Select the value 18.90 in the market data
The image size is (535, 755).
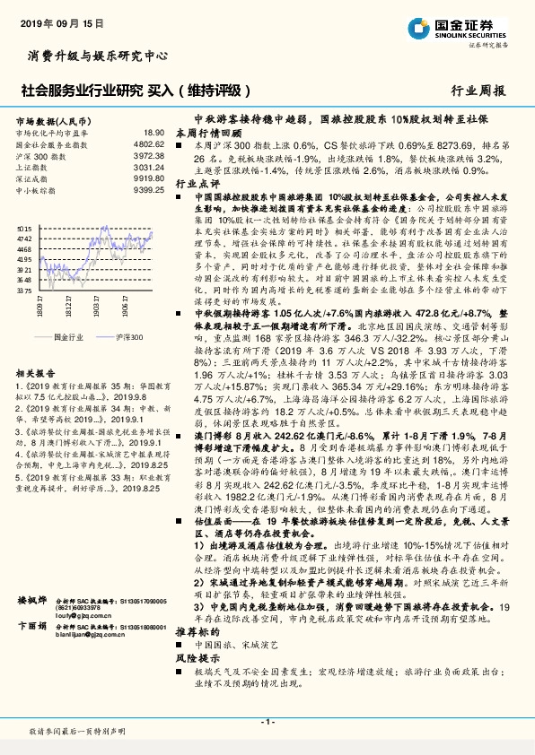pyautogui.click(x=153, y=133)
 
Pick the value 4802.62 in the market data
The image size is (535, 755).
pyautogui.click(x=148, y=143)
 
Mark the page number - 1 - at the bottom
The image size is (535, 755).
pyautogui.click(x=267, y=722)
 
